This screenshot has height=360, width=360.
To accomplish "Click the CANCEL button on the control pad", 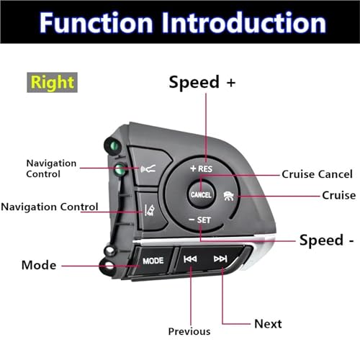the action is [201, 194].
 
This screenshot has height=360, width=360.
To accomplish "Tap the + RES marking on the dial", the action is [201, 168].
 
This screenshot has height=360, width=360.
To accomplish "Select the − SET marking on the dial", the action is [199, 220].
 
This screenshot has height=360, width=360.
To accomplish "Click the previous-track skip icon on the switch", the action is [190, 259].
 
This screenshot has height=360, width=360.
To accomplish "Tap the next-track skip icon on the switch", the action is [220, 258].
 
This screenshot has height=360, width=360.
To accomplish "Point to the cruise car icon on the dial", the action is [229, 196].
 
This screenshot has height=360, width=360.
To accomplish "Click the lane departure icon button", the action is [150, 210].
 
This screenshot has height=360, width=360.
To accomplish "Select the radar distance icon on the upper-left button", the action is [148, 169].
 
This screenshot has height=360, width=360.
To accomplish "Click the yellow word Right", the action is [52, 83].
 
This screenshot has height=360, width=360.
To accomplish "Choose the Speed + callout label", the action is [202, 82].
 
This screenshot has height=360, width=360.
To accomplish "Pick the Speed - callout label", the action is [327, 240].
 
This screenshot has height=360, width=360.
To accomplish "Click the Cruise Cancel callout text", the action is [317, 174].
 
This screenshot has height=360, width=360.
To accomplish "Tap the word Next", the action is [268, 324].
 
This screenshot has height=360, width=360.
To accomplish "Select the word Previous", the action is [189, 331].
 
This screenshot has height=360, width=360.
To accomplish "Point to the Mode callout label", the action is [39, 265].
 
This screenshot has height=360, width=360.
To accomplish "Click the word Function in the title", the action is [96, 23].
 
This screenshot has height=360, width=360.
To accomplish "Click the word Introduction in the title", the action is [244, 23].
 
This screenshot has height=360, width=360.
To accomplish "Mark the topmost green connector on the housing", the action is [114, 145].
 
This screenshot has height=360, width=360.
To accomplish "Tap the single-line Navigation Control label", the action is [50, 207].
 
